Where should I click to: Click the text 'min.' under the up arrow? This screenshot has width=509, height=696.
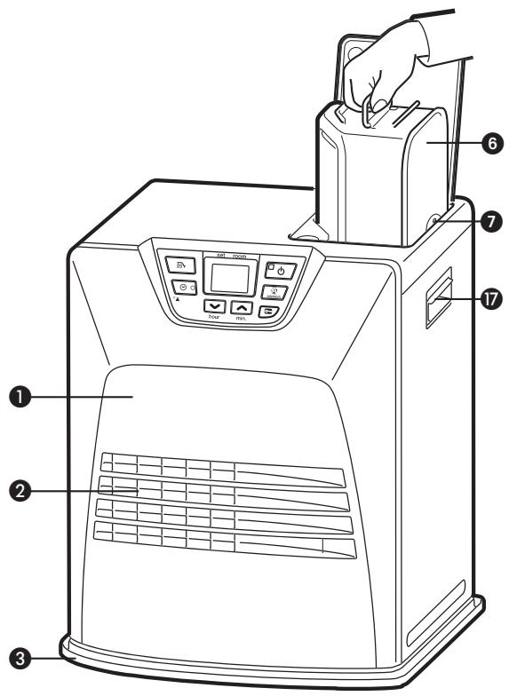(242, 317)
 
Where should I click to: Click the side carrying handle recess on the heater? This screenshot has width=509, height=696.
(441, 301)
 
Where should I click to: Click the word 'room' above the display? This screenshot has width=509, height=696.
(241, 255)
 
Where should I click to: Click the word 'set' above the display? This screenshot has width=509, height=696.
(211, 255)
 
